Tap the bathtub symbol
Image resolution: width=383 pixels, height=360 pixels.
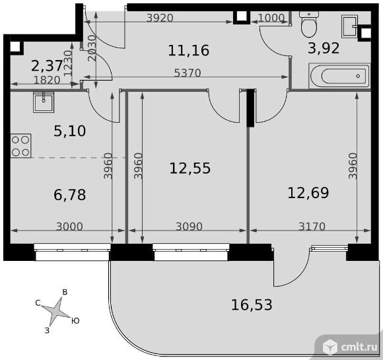coord(339,76)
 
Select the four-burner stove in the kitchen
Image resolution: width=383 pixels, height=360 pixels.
coord(20,146)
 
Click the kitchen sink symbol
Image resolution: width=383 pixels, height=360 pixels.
coord(44,102)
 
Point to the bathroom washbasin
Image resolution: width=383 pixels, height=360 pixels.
coord(350,26)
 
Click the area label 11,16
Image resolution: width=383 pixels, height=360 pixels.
coord(189,50)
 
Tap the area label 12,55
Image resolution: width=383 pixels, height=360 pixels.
coord(190,168)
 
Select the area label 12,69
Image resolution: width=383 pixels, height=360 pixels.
coord(308,193)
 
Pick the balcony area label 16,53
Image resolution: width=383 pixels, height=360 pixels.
coord(252,305)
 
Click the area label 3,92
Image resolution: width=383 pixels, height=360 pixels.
coord(324,48)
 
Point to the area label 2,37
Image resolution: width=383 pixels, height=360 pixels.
coord(47,66)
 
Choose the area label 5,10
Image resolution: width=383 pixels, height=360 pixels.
coord(69,131)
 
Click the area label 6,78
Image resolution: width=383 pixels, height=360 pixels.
coord(69,195)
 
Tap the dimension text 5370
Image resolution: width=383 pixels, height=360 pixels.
coord(188,73)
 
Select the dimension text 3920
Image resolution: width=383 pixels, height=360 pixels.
coord(160,18)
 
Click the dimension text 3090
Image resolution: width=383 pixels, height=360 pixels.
coord(189,227)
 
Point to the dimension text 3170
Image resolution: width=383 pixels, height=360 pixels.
coord(312,227)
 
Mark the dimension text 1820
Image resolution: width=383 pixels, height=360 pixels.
coord(47,80)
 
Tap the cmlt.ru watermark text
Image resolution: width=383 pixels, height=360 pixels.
coord(359,347)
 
